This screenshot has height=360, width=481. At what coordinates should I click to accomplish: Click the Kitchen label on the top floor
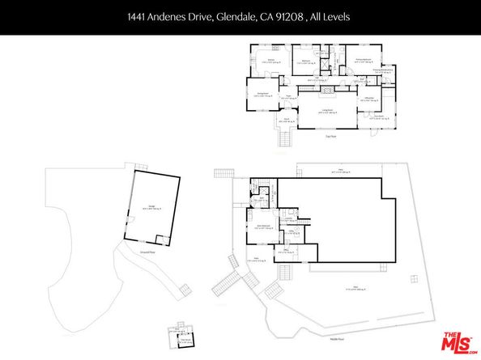pyautogui.click(x=273, y=61)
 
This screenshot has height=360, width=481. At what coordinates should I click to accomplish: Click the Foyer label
pyautogui.click(x=287, y=97)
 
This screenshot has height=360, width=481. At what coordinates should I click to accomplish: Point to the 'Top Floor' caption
pyautogui.click(x=330, y=137)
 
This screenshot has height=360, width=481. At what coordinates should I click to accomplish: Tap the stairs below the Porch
pyautogui.click(x=283, y=138)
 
